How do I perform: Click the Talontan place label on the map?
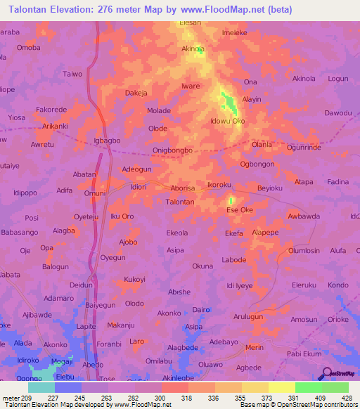[180, 202]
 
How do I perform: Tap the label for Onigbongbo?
[172, 150]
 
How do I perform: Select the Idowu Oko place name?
[228, 121]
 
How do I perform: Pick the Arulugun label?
[248, 317]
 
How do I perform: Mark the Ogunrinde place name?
[304, 148]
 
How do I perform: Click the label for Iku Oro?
[122, 216]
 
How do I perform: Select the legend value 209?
[22, 397]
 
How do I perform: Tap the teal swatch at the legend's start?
[41, 387]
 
